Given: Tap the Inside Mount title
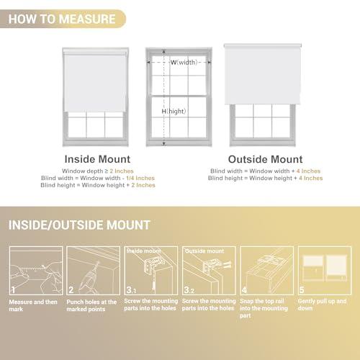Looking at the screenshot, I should pos(97,158).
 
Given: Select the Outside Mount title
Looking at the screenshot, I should pos(265,158).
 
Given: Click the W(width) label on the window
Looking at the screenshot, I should pos(184,63).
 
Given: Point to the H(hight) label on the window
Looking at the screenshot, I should pos(174,112).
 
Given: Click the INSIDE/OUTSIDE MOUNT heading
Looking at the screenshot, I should pos(80,225).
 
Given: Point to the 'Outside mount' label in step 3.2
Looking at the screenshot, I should pos(204,251).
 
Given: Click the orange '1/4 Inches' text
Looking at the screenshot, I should pos(140,178).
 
